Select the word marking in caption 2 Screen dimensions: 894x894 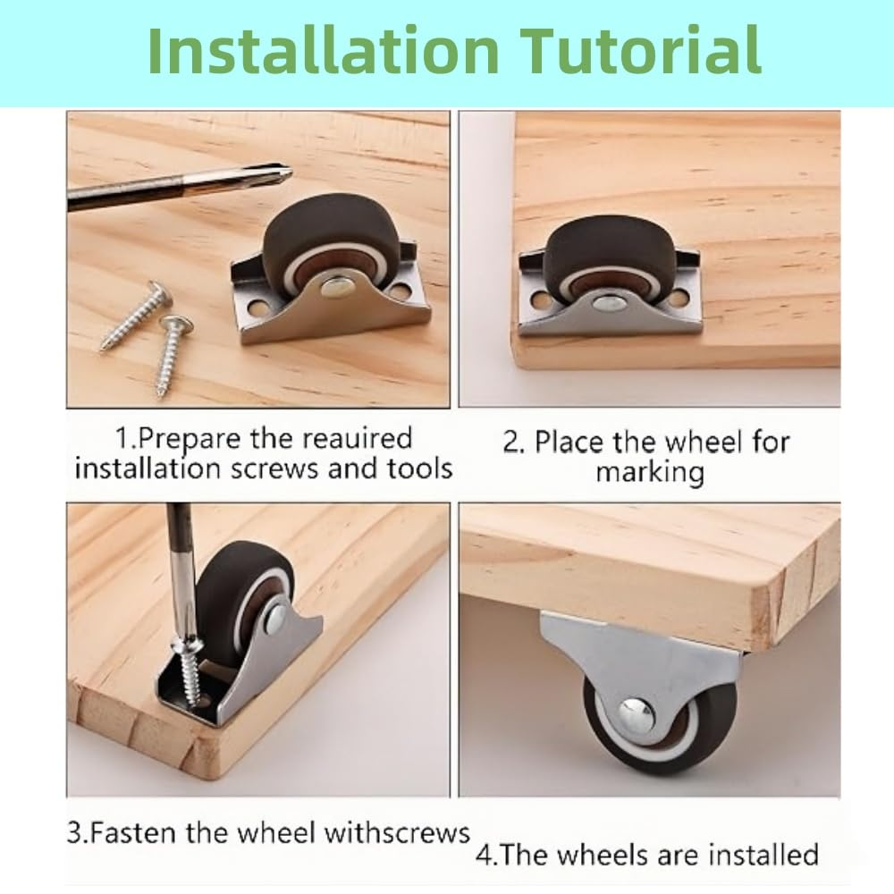(x=650, y=471)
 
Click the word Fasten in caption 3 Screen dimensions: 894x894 (x=130, y=833)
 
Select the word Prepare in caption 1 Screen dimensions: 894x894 (x=188, y=439)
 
